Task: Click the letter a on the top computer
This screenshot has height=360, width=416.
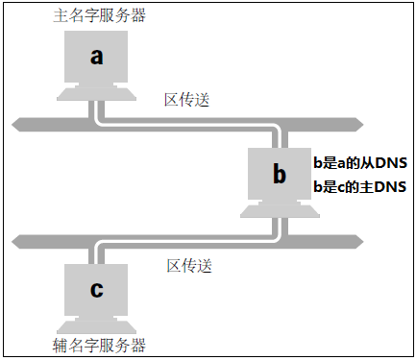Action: click(96, 56)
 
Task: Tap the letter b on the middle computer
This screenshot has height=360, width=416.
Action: click(280, 174)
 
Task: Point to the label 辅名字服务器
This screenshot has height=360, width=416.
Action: click(96, 343)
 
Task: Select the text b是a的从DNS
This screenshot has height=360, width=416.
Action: click(360, 162)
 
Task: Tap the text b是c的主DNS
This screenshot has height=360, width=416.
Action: click(360, 186)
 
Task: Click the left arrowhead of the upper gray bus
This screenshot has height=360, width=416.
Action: click(19, 123)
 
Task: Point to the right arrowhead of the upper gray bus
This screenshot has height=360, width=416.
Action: click(355, 123)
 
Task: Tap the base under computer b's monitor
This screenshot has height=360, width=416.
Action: click(280, 207)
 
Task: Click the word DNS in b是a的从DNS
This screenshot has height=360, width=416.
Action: click(390, 162)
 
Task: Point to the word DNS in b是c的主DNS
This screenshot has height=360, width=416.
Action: click(390, 186)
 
